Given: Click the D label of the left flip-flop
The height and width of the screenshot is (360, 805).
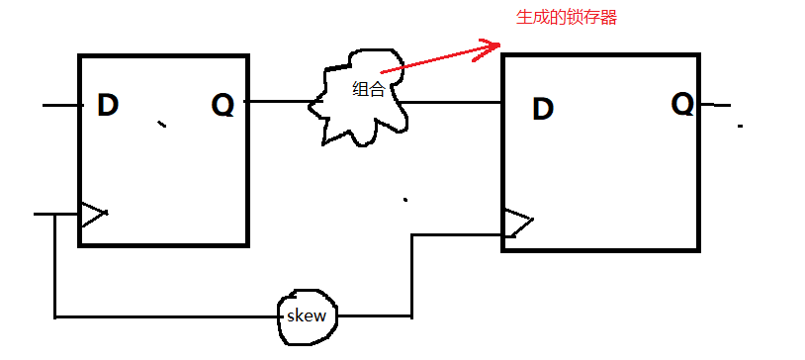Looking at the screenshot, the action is click(x=108, y=105).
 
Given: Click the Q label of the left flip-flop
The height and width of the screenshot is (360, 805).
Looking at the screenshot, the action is click(x=224, y=104).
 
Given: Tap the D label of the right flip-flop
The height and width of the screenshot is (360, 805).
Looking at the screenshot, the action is click(x=542, y=109).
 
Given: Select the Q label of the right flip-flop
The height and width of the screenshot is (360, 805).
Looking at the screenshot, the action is click(x=682, y=103).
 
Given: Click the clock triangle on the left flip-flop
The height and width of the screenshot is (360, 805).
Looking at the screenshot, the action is click(x=93, y=214).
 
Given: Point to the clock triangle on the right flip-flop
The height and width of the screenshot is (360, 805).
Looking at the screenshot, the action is click(x=516, y=224).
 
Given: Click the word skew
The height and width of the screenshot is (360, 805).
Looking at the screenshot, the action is click(x=306, y=316).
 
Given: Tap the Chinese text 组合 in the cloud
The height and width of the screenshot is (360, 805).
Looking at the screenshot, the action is click(x=368, y=90).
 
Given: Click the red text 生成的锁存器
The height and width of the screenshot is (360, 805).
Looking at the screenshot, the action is click(x=567, y=18).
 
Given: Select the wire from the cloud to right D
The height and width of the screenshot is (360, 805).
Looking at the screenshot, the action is click(x=455, y=102).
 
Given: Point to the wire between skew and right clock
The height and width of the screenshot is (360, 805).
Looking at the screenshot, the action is click(x=411, y=277).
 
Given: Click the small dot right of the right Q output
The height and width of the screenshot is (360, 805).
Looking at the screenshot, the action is click(x=740, y=127).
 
